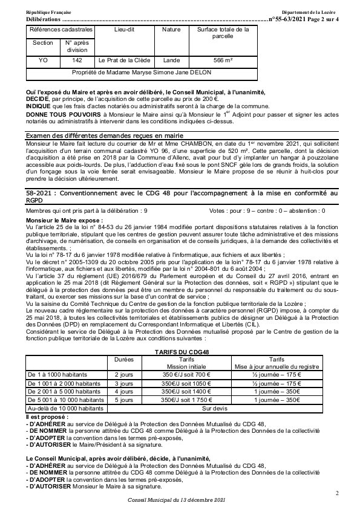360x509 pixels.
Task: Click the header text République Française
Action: click(48, 13)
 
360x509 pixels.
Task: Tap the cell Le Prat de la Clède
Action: click(125, 60)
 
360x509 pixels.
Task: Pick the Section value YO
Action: click(43, 60)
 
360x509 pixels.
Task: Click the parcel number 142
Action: click(77, 60)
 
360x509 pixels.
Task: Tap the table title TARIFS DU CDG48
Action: click(180, 351)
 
